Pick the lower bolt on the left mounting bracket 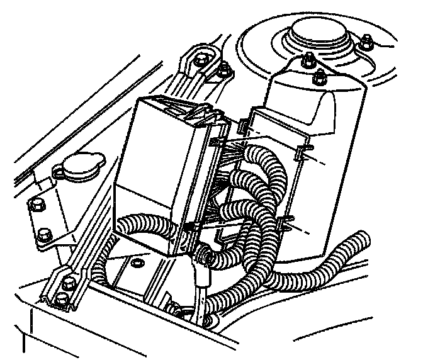coord(43,236)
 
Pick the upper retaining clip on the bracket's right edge coord(303,151)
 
